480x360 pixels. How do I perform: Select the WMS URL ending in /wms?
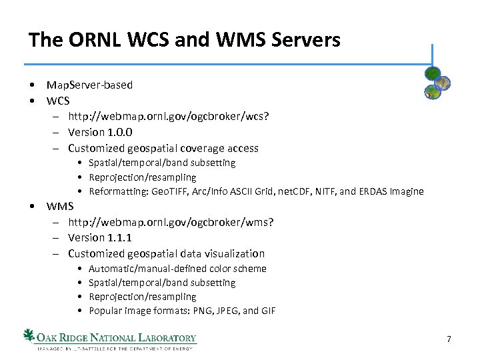[170, 222]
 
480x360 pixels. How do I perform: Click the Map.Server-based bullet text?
[89, 85]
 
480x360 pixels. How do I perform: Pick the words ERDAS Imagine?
[398, 192]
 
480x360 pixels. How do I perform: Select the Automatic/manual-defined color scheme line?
[177, 269]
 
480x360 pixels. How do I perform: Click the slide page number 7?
[449, 340]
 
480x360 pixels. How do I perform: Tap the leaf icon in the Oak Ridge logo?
[29, 335]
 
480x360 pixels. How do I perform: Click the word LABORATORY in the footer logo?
[163, 337]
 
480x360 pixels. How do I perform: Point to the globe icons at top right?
[437, 84]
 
